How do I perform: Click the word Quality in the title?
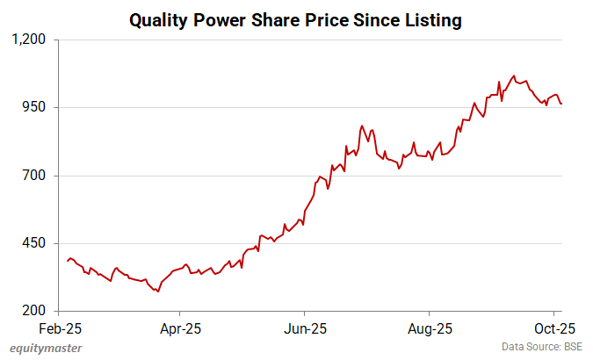tap(159, 19)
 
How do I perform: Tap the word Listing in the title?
tap(430, 19)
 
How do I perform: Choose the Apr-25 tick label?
tap(180, 329)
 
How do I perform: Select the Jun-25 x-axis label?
tap(304, 329)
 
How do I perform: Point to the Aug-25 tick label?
tap(429, 329)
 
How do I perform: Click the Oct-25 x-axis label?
tap(553, 329)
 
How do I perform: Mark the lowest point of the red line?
tap(158, 292)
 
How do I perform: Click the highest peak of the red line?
tap(514, 76)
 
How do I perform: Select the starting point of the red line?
tap(67, 261)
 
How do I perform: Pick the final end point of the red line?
tap(562, 104)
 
